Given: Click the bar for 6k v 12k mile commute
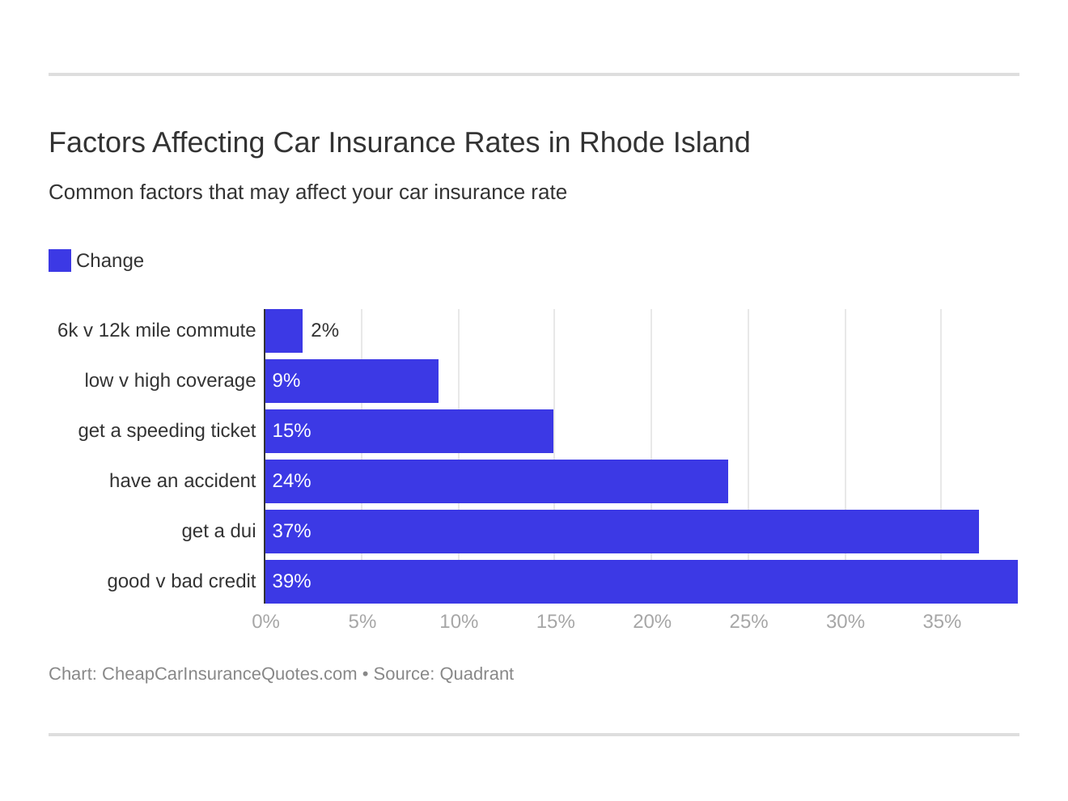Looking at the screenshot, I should click(x=284, y=331).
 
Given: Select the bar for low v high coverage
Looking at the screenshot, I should click(x=352, y=381).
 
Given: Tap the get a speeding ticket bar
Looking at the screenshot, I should click(x=409, y=431).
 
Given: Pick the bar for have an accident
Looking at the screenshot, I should click(x=497, y=481).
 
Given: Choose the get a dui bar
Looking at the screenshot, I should click(x=622, y=532).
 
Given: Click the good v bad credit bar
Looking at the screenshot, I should click(x=642, y=582).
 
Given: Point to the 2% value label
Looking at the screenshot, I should click(x=324, y=330).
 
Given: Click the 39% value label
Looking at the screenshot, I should click(x=291, y=581).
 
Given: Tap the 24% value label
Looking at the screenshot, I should click(x=291, y=481).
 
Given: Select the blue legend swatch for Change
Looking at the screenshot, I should click(x=60, y=261).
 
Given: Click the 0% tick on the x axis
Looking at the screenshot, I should click(x=265, y=621).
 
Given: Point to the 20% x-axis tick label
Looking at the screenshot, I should click(x=652, y=621).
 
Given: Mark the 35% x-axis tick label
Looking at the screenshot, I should click(x=942, y=621).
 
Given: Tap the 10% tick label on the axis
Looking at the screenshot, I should click(x=459, y=621).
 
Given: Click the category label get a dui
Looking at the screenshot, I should click(x=218, y=531).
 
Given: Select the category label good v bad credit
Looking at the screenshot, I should click(x=181, y=581).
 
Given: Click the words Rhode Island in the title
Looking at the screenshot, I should click(x=664, y=142).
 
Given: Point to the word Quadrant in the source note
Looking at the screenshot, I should click(x=477, y=674).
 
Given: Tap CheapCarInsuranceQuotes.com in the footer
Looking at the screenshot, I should click(x=229, y=674).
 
